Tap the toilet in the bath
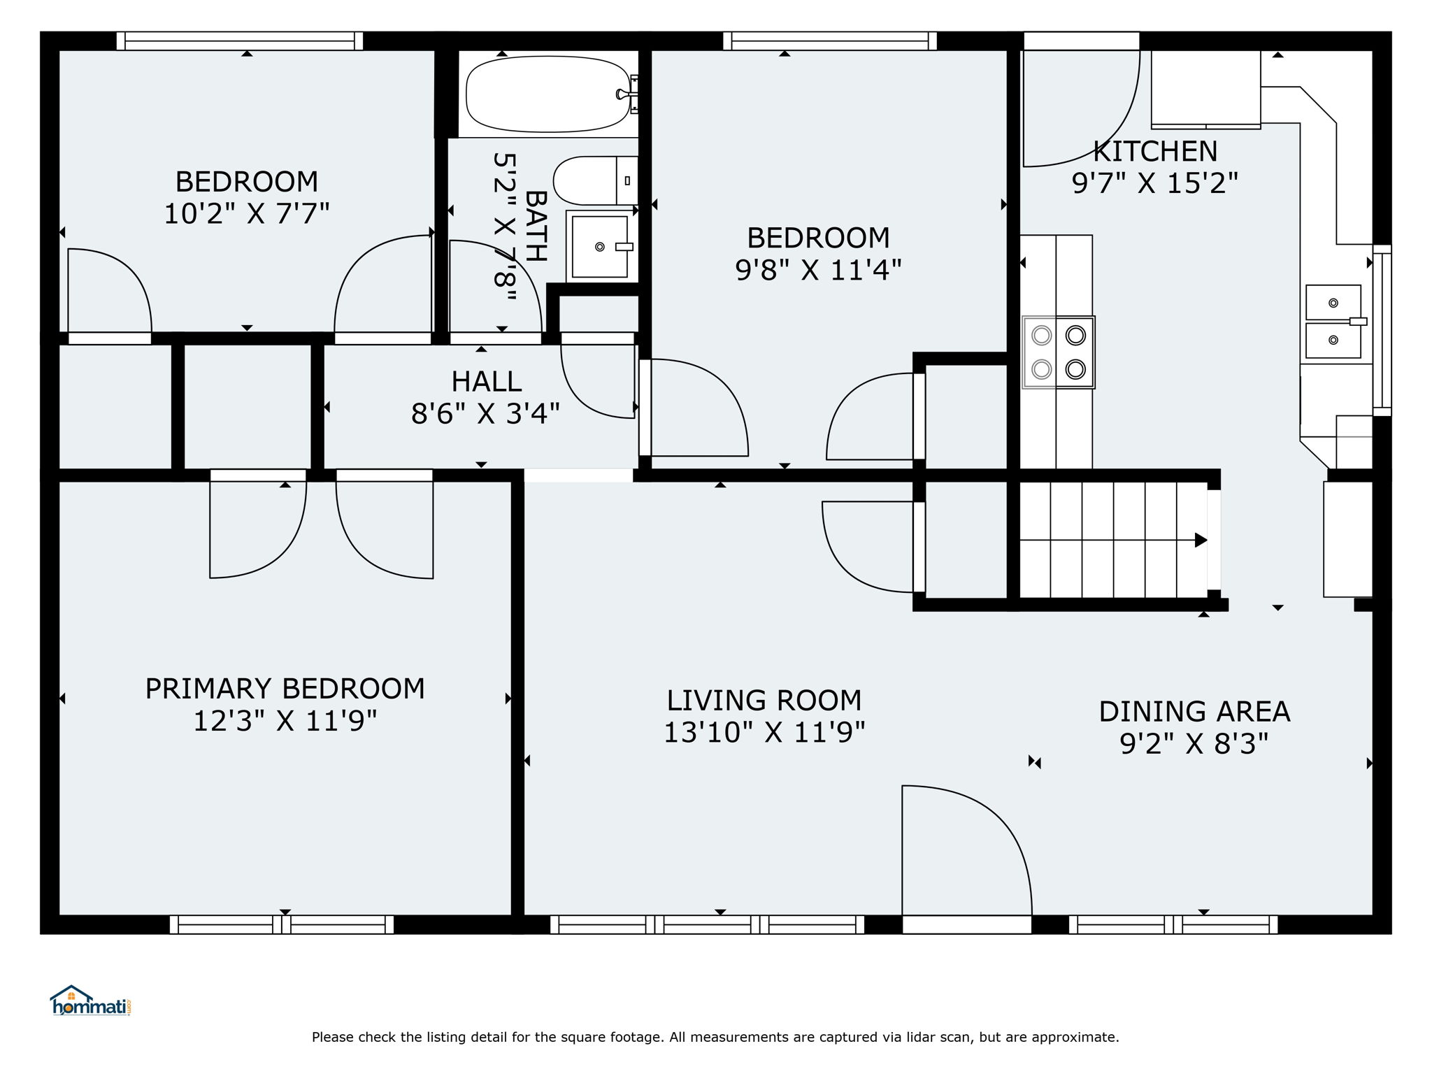[x=596, y=180]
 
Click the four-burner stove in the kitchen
[x=1059, y=352]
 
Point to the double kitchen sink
[x=1334, y=322]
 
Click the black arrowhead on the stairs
[x=1201, y=540]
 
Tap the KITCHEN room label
[x=1155, y=151]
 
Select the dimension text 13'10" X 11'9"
[x=764, y=732]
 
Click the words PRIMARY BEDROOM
[x=285, y=689]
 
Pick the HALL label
[x=486, y=382]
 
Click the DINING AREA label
[x=1194, y=712]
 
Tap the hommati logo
[x=91, y=1001]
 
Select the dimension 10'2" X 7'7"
[x=246, y=213]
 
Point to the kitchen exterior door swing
[x=1081, y=108]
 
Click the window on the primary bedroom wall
[x=282, y=924]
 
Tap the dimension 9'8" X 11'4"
[x=818, y=269]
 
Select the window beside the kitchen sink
[x=1382, y=330]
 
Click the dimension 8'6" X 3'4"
[x=485, y=413]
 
